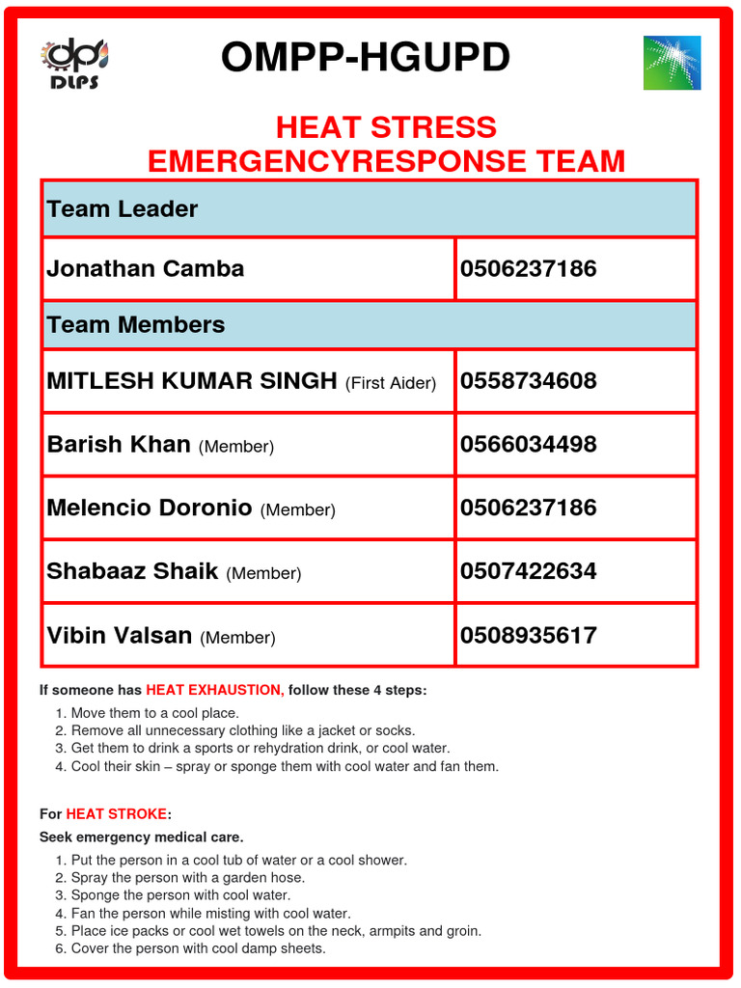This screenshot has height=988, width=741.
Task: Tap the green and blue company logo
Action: (x=672, y=63)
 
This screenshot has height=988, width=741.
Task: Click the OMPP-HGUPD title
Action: (x=365, y=58)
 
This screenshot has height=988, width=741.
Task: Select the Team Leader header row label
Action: (x=123, y=209)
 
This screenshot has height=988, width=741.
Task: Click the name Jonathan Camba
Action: (x=146, y=268)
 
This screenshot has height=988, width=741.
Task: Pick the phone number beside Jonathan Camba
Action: (x=529, y=268)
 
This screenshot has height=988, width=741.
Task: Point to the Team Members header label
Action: (x=136, y=325)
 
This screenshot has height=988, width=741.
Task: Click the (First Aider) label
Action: (x=391, y=383)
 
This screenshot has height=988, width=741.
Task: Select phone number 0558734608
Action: (x=529, y=381)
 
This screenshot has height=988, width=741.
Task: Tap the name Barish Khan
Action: (x=119, y=445)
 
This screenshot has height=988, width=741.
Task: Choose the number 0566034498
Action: (x=529, y=445)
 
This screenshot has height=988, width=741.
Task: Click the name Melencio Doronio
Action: (x=150, y=508)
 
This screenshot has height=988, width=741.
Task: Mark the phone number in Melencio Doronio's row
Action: (x=529, y=508)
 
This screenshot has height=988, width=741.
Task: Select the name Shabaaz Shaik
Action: (x=132, y=571)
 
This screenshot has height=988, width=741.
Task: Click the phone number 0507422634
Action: (x=529, y=571)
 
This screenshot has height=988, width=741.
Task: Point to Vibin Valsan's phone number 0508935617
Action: (x=529, y=636)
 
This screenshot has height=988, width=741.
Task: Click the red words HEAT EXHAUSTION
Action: (x=214, y=691)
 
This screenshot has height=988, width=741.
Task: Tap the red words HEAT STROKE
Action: (x=116, y=814)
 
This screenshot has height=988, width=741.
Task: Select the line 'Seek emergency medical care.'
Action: (x=141, y=837)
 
